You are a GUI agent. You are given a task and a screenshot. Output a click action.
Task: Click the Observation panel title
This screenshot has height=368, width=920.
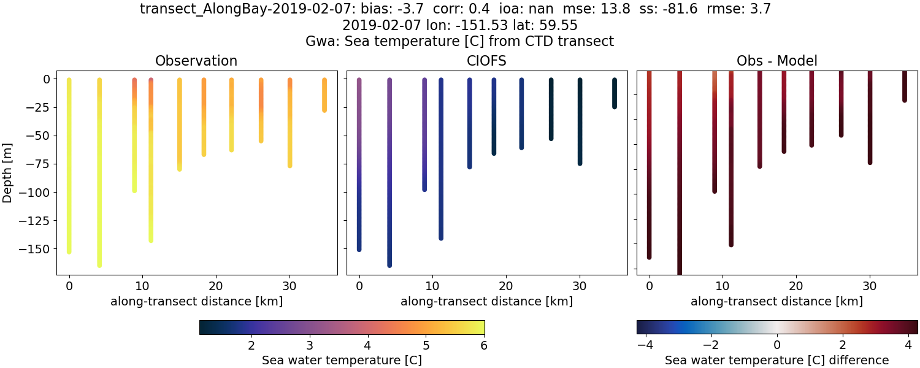(196, 61)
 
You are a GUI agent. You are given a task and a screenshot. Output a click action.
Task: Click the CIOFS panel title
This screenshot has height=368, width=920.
(486, 61)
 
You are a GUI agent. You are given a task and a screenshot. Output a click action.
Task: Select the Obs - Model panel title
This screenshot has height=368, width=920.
(776, 61)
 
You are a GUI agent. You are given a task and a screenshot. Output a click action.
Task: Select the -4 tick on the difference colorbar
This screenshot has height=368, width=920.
(644, 345)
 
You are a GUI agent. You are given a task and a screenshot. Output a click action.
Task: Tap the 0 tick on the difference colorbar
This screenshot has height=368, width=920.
(777, 345)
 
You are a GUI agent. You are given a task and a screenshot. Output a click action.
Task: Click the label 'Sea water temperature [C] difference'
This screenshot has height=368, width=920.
(776, 360)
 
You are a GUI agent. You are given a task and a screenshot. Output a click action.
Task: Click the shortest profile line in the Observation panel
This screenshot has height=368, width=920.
(324, 95)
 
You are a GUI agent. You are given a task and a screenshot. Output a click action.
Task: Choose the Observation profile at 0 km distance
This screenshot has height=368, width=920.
(69, 166)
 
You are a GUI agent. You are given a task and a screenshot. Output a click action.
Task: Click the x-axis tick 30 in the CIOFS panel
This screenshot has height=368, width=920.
(580, 285)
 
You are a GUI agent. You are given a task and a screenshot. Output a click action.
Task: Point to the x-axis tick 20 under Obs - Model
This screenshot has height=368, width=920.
(796, 285)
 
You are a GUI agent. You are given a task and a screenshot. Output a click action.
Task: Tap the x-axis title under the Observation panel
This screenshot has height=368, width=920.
(196, 301)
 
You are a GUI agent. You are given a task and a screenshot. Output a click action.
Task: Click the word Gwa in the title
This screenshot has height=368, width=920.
(320, 41)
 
